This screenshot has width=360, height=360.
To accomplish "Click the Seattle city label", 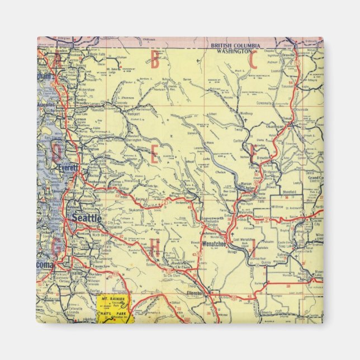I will coord(87,217).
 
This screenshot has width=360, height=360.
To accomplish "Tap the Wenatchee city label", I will coord(217,244).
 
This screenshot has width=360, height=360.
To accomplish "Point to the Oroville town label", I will coord(304,55).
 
